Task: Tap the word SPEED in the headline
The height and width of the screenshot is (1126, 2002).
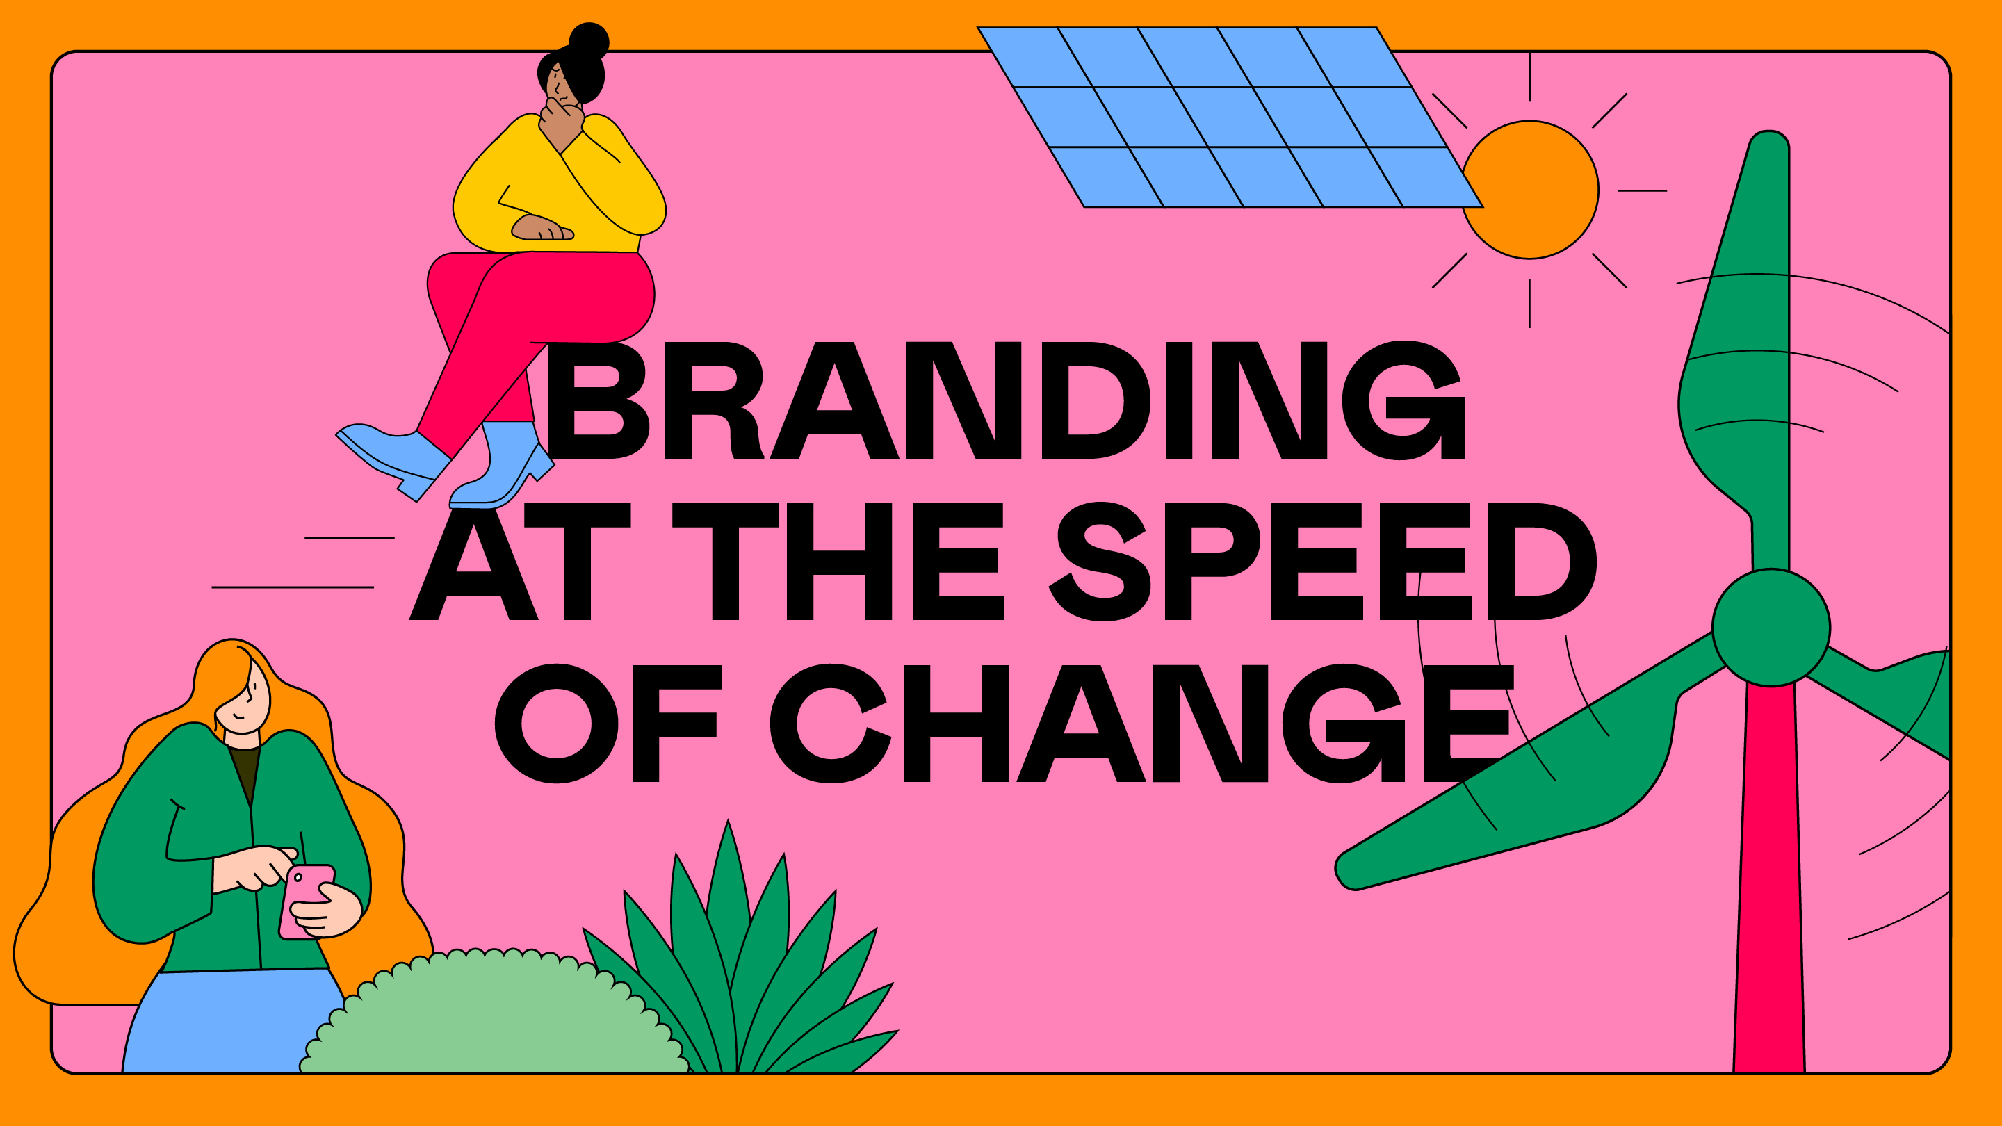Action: (x=1323, y=561)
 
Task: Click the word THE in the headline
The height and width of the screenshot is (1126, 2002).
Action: (x=838, y=561)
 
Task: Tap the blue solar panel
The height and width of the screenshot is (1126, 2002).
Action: (x=1230, y=117)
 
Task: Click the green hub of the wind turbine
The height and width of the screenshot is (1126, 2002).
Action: (x=1771, y=628)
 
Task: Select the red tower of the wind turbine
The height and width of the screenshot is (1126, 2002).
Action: (x=1770, y=878)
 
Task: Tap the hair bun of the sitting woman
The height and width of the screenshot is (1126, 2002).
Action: (x=589, y=40)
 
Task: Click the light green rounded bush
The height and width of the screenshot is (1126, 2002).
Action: (x=495, y=1014)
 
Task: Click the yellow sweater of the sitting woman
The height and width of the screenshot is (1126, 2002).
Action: (x=560, y=186)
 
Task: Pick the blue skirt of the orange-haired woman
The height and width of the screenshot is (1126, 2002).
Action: (x=233, y=1022)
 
